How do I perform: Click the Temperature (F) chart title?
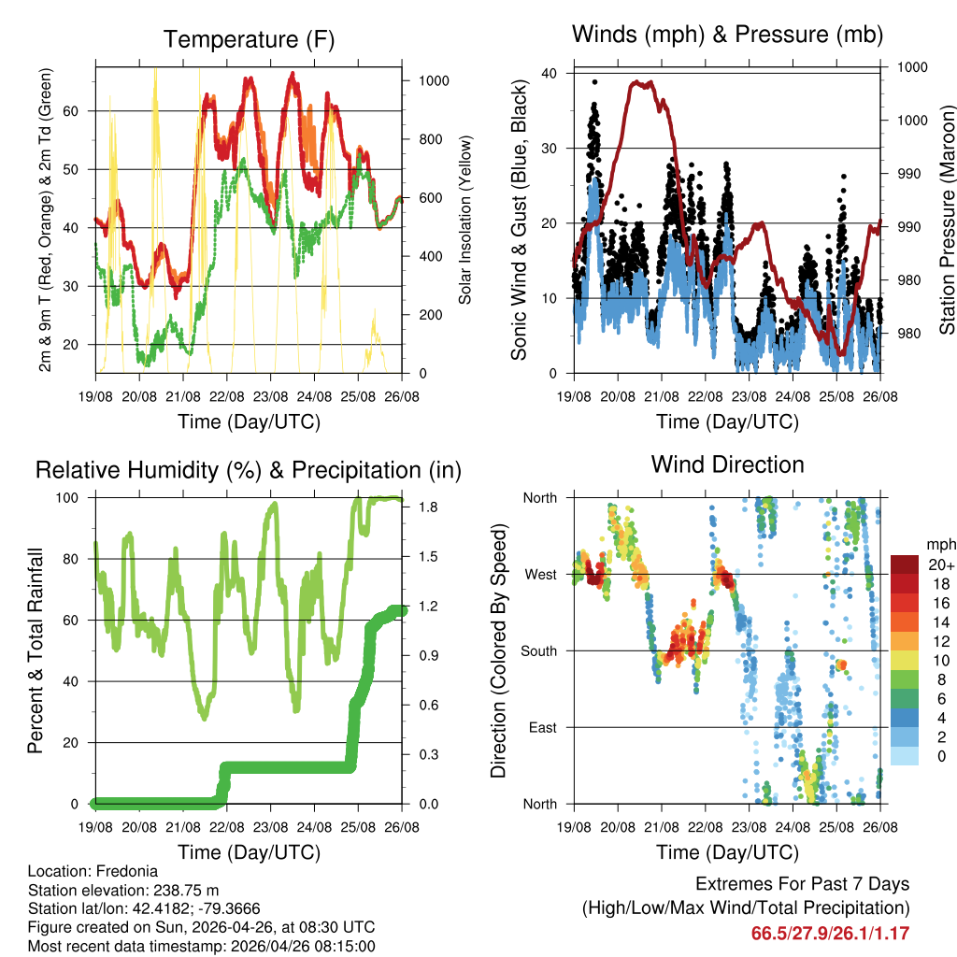click(x=249, y=39)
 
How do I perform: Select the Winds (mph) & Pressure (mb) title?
click(x=728, y=35)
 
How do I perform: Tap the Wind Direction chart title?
click(x=727, y=464)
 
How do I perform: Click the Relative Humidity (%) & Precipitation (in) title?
click(x=249, y=470)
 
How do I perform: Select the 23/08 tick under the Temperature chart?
click(x=271, y=397)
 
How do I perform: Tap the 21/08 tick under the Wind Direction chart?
click(x=661, y=827)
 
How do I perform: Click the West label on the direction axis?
click(x=540, y=574)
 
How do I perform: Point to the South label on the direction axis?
click(x=538, y=650)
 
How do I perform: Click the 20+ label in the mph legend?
click(x=940, y=564)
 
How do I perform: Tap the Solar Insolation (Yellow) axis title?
click(x=466, y=220)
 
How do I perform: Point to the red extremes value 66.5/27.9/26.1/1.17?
click(x=830, y=933)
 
